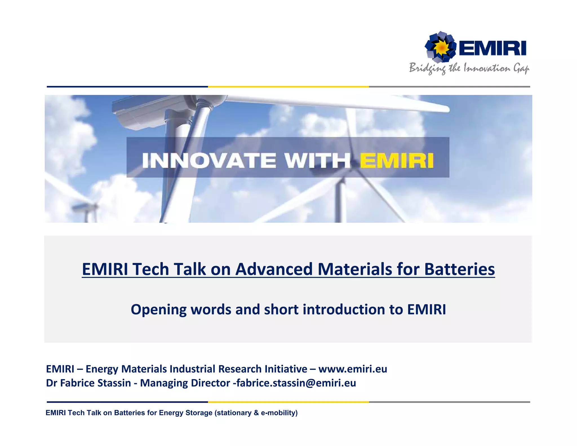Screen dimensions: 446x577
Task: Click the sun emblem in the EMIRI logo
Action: click(x=441, y=47)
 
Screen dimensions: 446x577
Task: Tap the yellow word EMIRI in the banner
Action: click(x=396, y=160)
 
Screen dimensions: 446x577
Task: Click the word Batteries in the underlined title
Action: click(x=459, y=269)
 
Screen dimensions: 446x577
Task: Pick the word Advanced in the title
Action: click(x=274, y=269)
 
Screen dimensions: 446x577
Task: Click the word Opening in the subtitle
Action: click(x=158, y=310)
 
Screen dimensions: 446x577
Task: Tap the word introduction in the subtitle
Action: click(x=343, y=310)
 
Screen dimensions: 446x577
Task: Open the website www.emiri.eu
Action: click(x=353, y=369)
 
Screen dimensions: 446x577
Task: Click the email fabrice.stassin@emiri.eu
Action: click(x=296, y=383)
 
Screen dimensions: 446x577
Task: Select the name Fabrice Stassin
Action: click(x=96, y=383)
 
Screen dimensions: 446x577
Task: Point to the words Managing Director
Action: click(x=185, y=383)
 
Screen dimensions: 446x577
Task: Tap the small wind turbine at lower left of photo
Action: click(x=85, y=210)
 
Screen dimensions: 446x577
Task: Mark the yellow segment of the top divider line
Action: click(x=288, y=87)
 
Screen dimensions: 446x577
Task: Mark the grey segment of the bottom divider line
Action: click(x=449, y=402)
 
